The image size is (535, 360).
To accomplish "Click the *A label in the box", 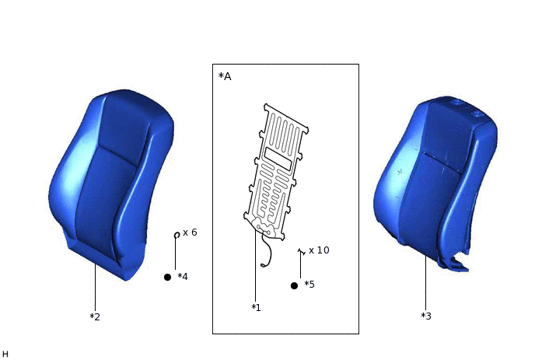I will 225,76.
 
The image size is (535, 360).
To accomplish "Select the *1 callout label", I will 256,308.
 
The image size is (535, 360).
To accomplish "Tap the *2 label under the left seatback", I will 95,316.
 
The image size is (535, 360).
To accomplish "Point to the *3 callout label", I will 426,316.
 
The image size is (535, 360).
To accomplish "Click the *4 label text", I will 183,277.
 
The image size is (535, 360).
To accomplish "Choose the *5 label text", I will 309,285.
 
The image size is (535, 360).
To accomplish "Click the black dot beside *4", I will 167,277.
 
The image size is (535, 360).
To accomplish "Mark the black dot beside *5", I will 294,285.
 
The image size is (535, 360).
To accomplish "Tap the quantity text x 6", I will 190,232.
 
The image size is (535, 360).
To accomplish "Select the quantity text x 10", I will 319,250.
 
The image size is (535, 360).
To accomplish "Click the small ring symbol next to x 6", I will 177,235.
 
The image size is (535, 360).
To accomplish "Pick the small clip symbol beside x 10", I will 300,251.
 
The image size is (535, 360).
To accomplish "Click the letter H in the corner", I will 5,354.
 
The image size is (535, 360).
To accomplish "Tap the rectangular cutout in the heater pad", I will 278,159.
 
